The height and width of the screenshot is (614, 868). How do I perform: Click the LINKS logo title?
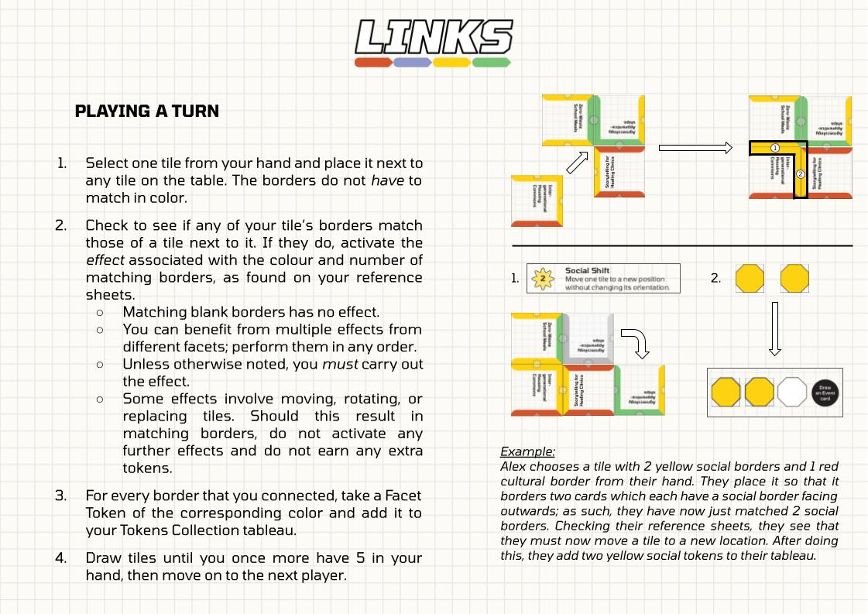coord(434,37)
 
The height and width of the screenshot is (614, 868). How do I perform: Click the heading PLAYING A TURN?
coord(147,111)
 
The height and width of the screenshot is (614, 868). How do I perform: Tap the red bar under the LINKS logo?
coord(373,62)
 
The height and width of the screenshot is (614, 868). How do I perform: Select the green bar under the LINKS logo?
coord(491,62)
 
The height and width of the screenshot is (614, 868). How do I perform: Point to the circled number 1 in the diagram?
coord(775,148)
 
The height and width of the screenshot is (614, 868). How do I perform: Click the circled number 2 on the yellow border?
coord(801,174)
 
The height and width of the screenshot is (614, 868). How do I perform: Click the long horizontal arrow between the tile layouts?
coord(695,148)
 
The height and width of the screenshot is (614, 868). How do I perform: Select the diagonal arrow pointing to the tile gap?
coord(578,163)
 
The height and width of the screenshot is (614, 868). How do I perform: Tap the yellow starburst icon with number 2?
coord(544,278)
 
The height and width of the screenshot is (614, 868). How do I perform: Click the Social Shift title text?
coord(587,271)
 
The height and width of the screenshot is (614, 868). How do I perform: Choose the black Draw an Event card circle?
coord(825,392)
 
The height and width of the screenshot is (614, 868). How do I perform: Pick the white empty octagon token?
coord(791,392)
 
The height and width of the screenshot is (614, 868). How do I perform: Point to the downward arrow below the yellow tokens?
coord(774,328)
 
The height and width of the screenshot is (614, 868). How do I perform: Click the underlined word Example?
coord(527,451)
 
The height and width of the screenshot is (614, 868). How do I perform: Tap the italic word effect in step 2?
coord(105,260)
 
